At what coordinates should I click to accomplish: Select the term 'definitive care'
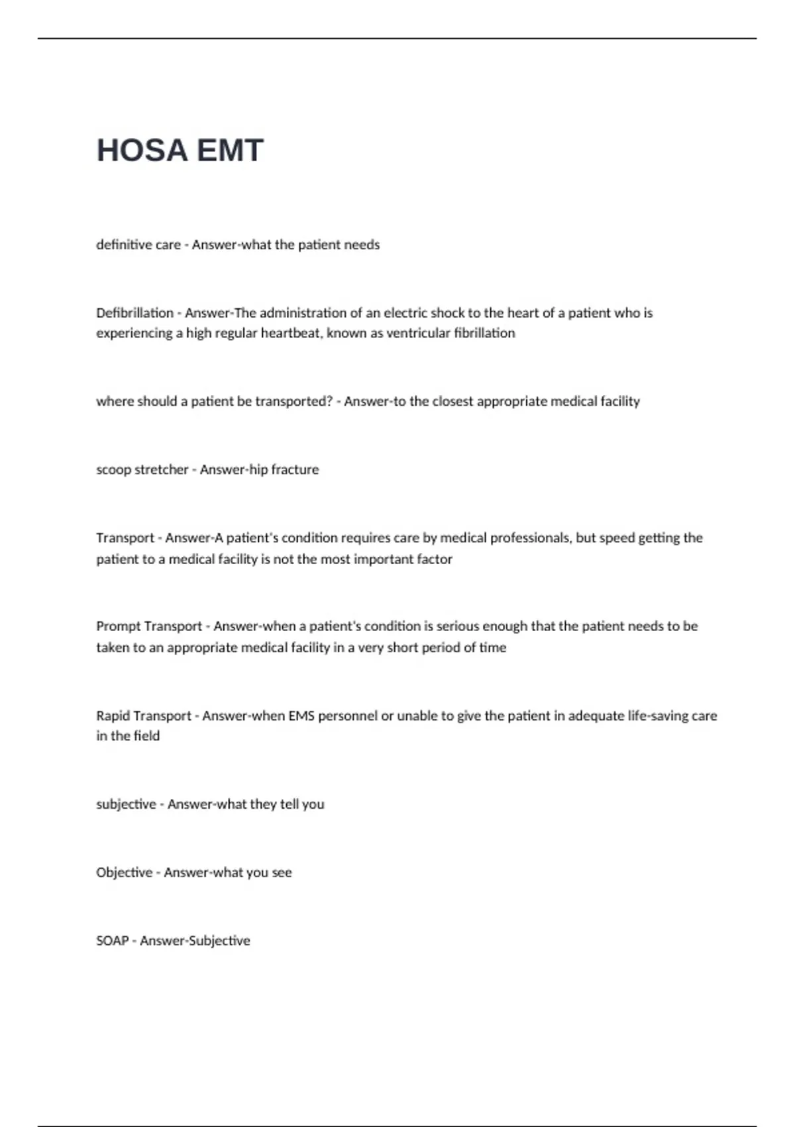(x=138, y=245)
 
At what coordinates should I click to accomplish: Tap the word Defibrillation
(x=134, y=313)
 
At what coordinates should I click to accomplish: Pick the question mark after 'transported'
(x=329, y=401)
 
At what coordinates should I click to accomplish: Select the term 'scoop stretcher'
(x=142, y=469)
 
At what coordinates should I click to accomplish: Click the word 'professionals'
(x=505, y=538)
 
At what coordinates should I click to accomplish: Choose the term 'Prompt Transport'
(x=149, y=626)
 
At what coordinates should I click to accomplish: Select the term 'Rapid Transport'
(x=144, y=716)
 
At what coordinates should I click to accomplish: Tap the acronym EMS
(x=301, y=716)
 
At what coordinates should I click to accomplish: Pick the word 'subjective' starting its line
(x=126, y=804)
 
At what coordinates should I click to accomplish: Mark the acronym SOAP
(x=112, y=941)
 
